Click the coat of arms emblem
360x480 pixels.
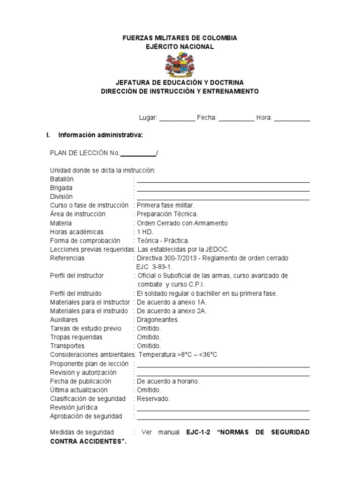click(x=180, y=65)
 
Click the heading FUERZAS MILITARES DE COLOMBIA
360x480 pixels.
click(x=180, y=38)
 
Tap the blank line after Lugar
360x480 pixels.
click(x=177, y=118)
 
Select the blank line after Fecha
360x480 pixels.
click(x=236, y=118)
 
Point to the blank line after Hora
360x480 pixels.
click(x=292, y=118)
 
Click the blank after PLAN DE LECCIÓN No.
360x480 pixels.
click(x=138, y=153)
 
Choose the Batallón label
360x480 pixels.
click(x=62, y=179)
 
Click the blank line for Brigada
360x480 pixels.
click(x=223, y=188)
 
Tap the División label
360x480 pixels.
click(x=61, y=197)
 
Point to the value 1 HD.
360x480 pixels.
click(x=145, y=232)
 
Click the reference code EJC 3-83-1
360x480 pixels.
click(x=151, y=267)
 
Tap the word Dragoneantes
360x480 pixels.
click(x=158, y=320)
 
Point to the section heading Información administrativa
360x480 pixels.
click(x=100, y=135)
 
